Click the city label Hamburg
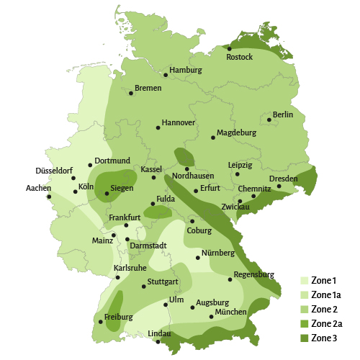pyautogui.click(x=186, y=71)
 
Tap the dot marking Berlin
pyautogui.click(x=269, y=120)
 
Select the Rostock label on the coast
pyautogui.click(x=240, y=57)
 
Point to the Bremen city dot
pyautogui.click(x=131, y=93)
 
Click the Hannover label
pyautogui.click(x=179, y=123)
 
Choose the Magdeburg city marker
pyautogui.click(x=213, y=137)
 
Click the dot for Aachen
pyautogui.click(x=49, y=197)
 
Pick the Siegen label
pyautogui.click(x=122, y=189)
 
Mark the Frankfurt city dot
pyautogui.click(x=126, y=225)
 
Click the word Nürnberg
pyautogui.click(x=218, y=253)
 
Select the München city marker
pyautogui.click(x=211, y=317)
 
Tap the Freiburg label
pyautogui.click(x=119, y=317)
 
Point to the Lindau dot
pyautogui.click(x=158, y=343)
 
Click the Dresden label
pyautogui.click(x=283, y=179)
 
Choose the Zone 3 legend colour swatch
pyautogui.click(x=305, y=338)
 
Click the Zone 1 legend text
pyautogui.click(x=324, y=281)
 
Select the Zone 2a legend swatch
pyautogui.click(x=305, y=324)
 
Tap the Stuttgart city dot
pyautogui.click(x=144, y=287)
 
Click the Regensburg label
pyautogui.click(x=255, y=274)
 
